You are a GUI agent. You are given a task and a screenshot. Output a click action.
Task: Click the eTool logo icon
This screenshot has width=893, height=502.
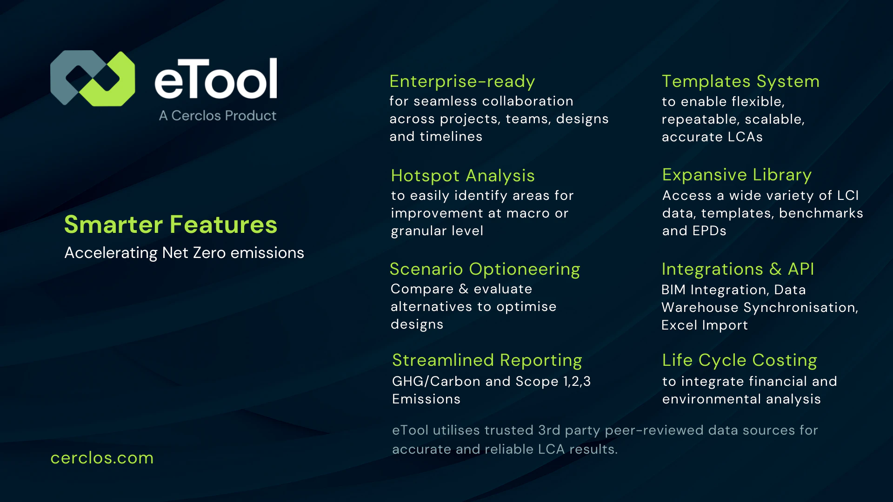(x=93, y=78)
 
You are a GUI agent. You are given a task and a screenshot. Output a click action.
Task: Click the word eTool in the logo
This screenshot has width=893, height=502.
(x=216, y=79)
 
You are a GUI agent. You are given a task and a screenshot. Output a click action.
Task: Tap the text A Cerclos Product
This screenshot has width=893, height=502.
(x=218, y=115)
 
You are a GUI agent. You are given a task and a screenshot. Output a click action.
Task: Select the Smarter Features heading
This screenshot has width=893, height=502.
(x=170, y=225)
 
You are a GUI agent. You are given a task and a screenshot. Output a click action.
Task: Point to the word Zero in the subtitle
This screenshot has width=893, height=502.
(x=209, y=253)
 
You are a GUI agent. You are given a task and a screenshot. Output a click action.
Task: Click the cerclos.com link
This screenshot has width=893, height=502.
(x=102, y=458)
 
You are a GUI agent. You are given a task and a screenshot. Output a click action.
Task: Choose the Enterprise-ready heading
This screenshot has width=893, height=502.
(x=462, y=81)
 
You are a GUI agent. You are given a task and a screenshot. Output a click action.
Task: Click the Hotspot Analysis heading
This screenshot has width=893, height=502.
(x=462, y=176)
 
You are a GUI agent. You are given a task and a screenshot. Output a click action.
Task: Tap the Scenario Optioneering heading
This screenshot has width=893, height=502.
(x=485, y=269)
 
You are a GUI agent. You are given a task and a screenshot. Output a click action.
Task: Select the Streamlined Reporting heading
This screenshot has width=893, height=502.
(x=486, y=360)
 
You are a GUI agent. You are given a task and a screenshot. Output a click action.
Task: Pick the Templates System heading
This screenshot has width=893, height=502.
(x=740, y=81)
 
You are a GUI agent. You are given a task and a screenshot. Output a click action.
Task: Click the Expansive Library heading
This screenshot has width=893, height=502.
(x=737, y=175)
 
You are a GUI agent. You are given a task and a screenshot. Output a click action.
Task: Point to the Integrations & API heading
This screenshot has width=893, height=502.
(x=738, y=269)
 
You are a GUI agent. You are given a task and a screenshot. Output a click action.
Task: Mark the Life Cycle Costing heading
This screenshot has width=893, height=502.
(x=740, y=360)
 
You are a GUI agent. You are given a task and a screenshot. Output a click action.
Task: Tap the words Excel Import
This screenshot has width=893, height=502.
(x=704, y=325)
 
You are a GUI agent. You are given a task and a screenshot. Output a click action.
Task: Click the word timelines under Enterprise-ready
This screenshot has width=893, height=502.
(x=451, y=137)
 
